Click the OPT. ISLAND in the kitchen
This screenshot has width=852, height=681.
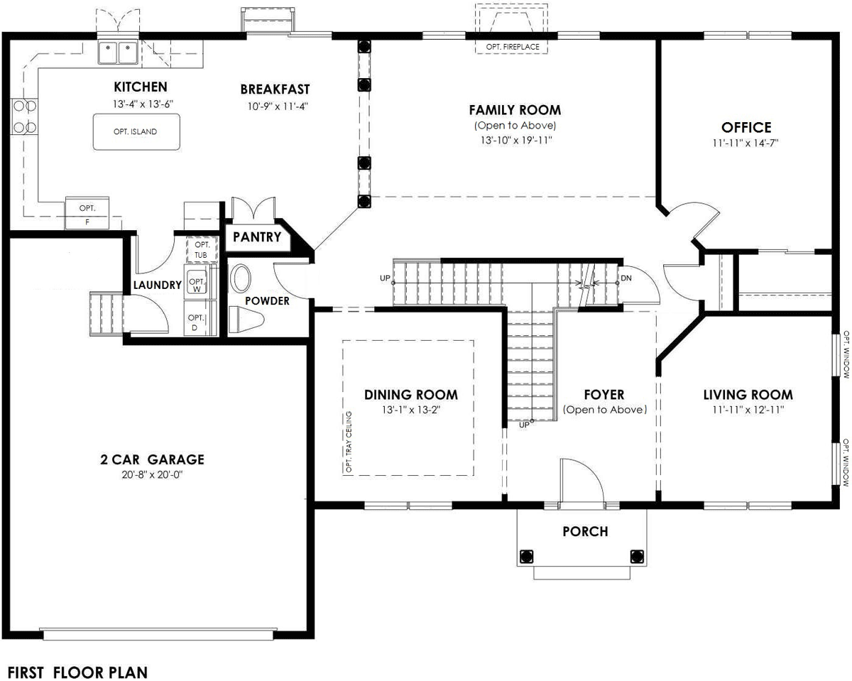click(x=136, y=132)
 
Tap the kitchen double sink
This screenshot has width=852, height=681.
click(x=118, y=51)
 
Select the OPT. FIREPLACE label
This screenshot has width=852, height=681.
click(x=513, y=47)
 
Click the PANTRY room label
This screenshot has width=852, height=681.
click(x=257, y=237)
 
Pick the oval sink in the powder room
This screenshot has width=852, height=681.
click(x=240, y=279)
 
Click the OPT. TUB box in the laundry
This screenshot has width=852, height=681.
click(x=202, y=250)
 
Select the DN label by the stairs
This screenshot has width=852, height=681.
click(x=626, y=278)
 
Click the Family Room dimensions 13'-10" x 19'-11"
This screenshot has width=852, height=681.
click(x=516, y=140)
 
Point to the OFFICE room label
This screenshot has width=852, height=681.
click(x=746, y=128)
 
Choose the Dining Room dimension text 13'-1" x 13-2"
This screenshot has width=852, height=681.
click(x=411, y=410)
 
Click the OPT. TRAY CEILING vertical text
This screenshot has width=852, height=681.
click(x=349, y=442)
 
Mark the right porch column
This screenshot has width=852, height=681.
click(x=637, y=556)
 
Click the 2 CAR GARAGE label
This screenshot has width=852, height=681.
click(x=153, y=459)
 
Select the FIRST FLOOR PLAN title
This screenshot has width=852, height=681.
click(x=77, y=672)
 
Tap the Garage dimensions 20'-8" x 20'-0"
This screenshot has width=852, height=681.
click(x=152, y=475)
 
